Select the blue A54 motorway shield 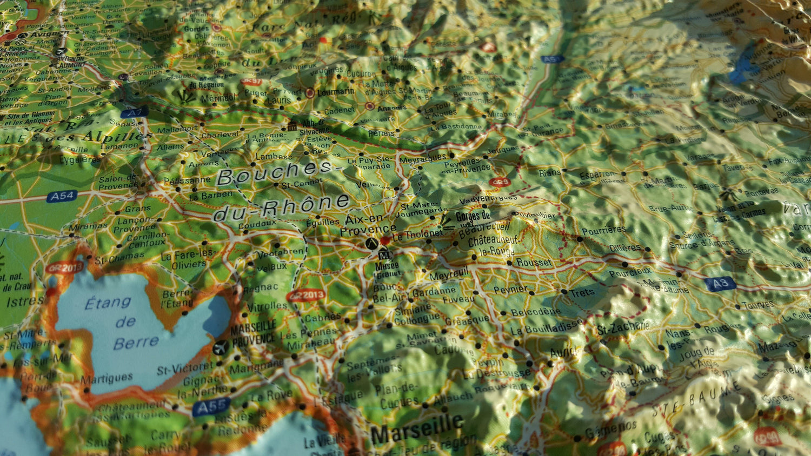pos(62,196)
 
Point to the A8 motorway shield pos(720,284)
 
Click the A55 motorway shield pos(211,407)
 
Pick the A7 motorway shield pos(134,113)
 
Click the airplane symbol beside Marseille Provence pos(220,348)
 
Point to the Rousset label pos(534,263)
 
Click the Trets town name pos(581,293)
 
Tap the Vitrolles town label pos(267,306)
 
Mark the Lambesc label pos(274,156)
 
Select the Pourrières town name pos(603,230)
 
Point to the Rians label pos(550,173)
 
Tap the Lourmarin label pos(336,92)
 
